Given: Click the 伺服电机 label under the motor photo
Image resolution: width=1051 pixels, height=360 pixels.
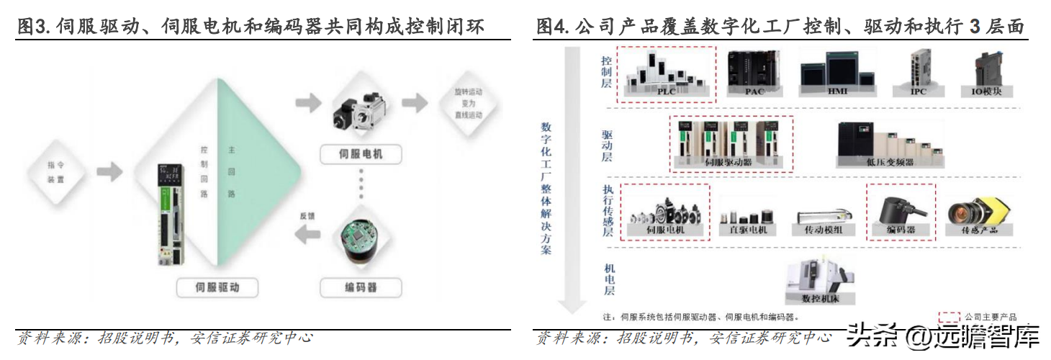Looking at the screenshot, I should (360, 153).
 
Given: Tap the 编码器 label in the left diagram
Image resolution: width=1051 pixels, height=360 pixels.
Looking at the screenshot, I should (360, 288).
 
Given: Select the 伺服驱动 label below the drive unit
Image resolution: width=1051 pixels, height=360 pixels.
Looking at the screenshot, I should (217, 288).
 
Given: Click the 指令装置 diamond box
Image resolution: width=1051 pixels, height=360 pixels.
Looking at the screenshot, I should (56, 173).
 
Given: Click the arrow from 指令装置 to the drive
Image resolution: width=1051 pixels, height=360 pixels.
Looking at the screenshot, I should (109, 173).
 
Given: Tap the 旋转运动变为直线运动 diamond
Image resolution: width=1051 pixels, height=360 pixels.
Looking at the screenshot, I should (469, 104).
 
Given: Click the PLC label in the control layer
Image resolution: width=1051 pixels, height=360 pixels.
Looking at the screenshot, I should (666, 91).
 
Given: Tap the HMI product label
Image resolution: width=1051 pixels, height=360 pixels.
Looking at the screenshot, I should (837, 91).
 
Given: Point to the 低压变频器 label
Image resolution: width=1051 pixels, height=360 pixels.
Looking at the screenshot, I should (889, 162).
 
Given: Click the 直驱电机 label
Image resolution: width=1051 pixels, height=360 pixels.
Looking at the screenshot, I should (749, 230).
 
